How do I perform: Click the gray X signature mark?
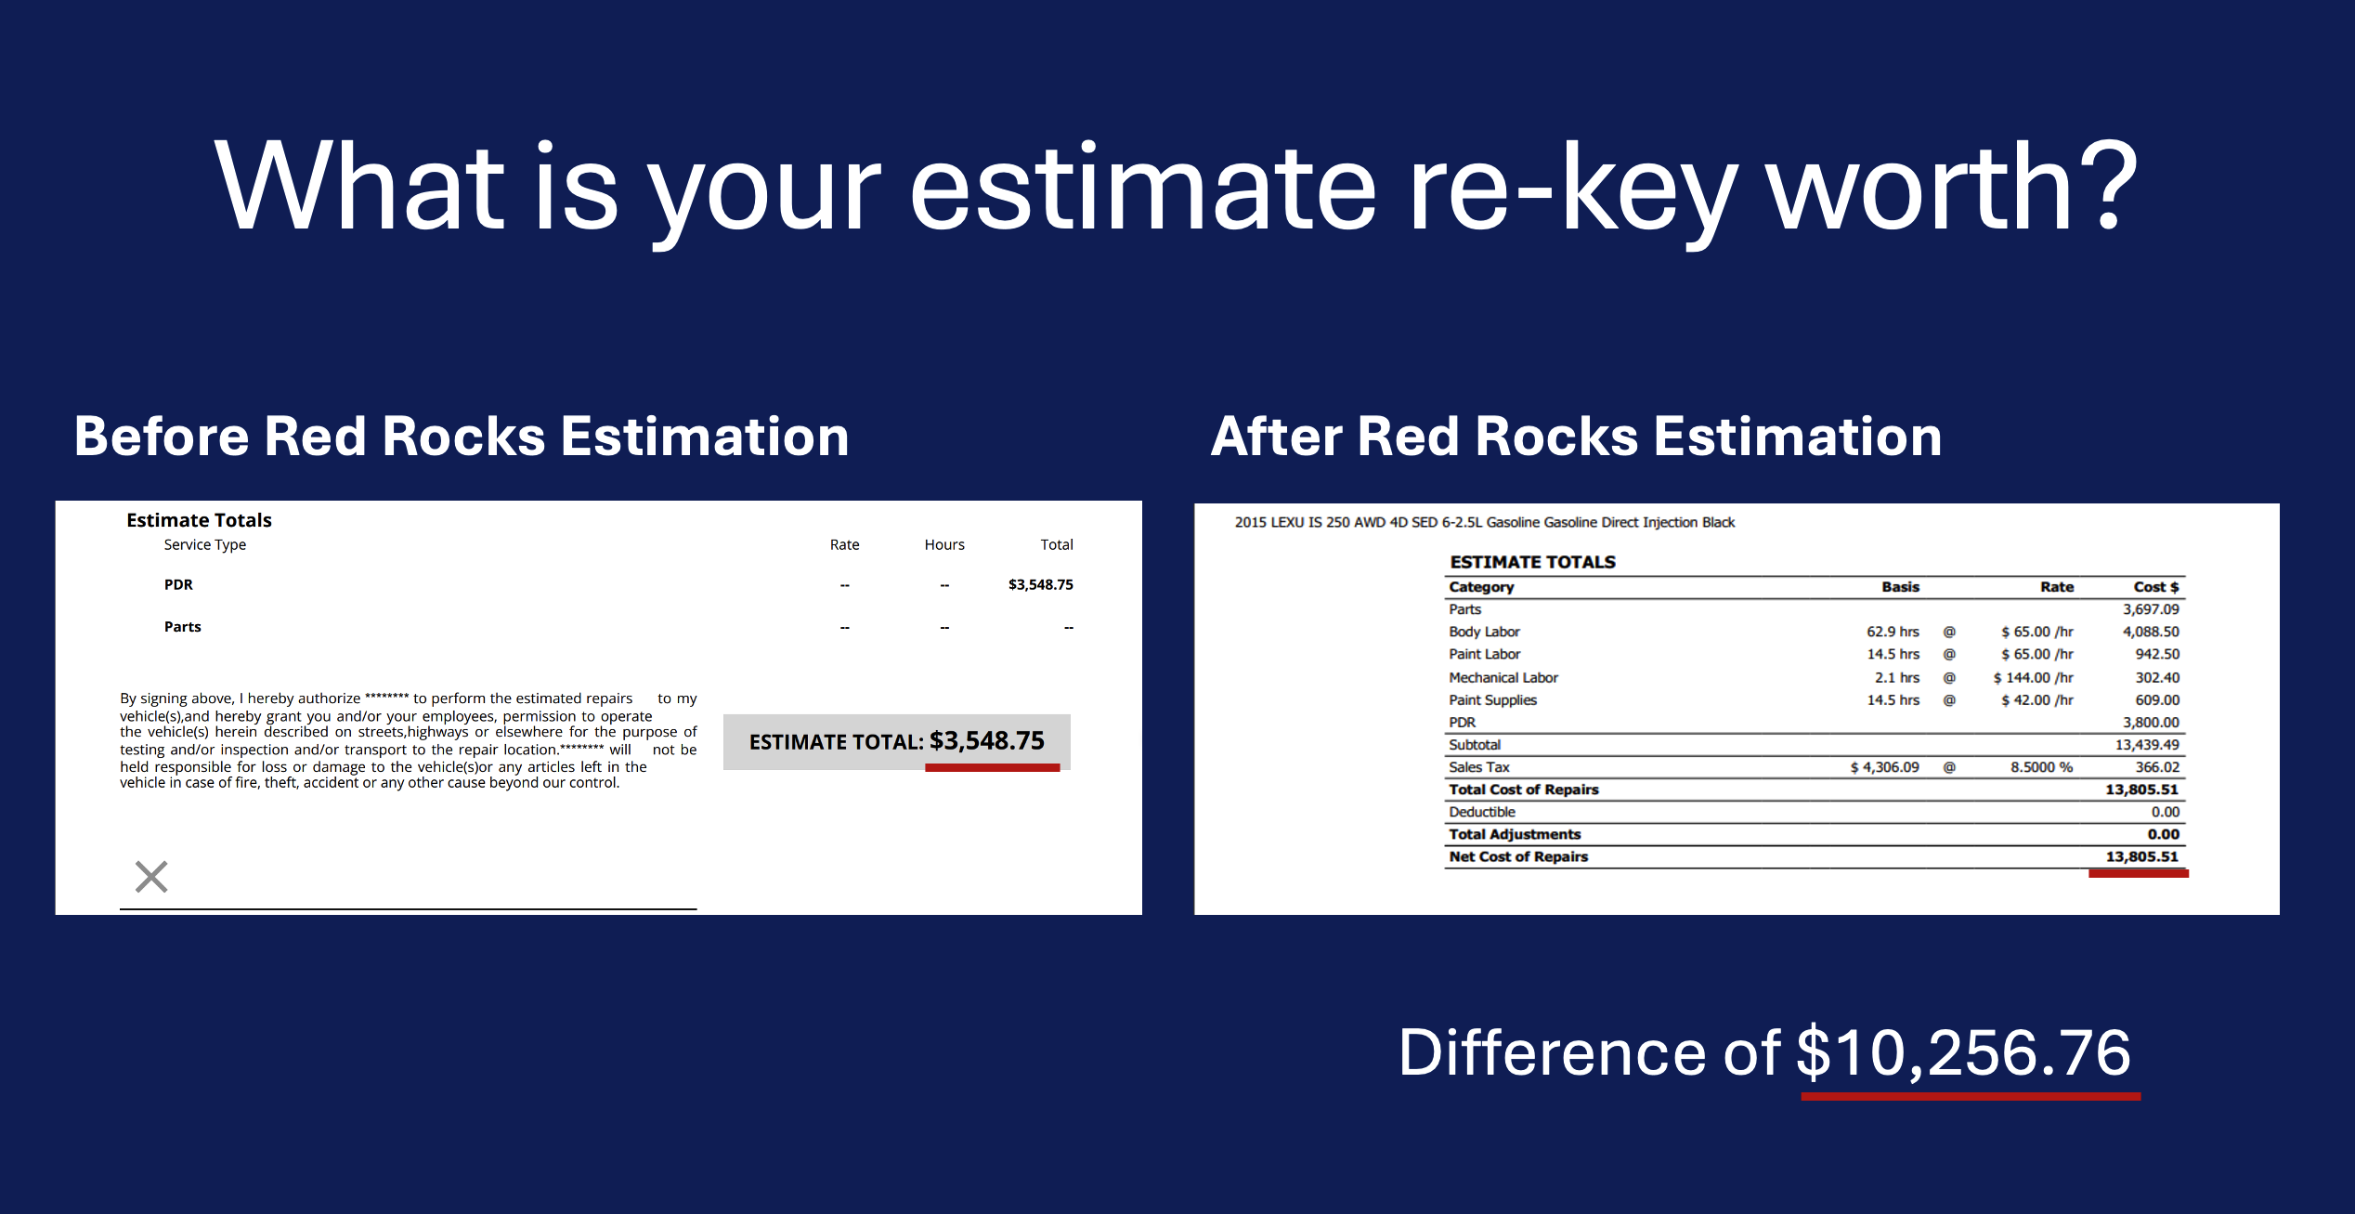151,876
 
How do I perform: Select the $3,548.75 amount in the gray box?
986,741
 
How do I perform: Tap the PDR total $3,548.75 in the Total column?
1040,584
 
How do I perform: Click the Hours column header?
944,544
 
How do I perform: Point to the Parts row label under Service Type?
183,627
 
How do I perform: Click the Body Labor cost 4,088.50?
2151,632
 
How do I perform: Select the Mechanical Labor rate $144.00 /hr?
2033,678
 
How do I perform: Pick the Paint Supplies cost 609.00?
2157,700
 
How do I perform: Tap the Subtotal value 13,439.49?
2147,745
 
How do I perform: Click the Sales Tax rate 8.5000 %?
2041,767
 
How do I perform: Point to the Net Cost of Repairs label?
1518,856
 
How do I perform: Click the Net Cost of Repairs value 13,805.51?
2141,856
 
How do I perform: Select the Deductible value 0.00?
2166,812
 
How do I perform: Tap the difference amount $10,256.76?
1963,1053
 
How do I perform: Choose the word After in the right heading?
1277,437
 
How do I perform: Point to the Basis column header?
1900,587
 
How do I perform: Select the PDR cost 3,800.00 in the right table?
2151,723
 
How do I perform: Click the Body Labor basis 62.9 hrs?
1893,632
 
